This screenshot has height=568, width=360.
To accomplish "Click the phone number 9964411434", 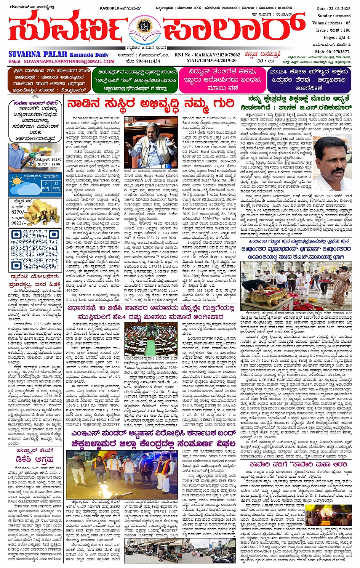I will [x=148, y=61].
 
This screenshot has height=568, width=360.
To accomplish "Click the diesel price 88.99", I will [x=55, y=164].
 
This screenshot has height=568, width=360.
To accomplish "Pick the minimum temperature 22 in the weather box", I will [x=56, y=184].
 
